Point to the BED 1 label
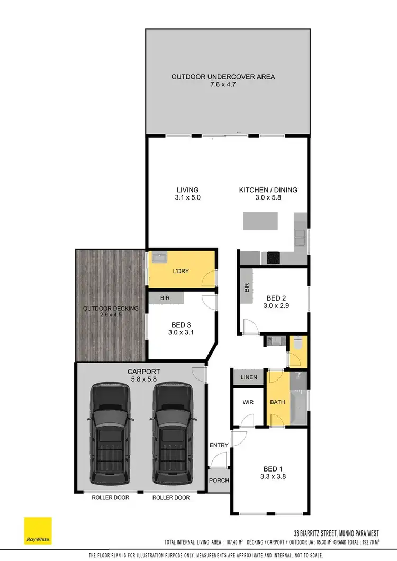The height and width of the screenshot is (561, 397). (x=273, y=468)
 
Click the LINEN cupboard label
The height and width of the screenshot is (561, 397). (x=249, y=377)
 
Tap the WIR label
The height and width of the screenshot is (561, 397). (x=248, y=402)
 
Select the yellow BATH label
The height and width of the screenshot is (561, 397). (x=278, y=402)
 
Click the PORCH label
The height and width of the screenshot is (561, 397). (x=219, y=481)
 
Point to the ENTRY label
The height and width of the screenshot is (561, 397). (x=219, y=445)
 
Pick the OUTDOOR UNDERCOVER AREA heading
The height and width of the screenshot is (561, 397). (x=223, y=77)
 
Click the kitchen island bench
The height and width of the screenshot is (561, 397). (x=260, y=221)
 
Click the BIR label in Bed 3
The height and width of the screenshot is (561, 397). (x=165, y=298)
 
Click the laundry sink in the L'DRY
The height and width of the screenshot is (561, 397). (x=159, y=259)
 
